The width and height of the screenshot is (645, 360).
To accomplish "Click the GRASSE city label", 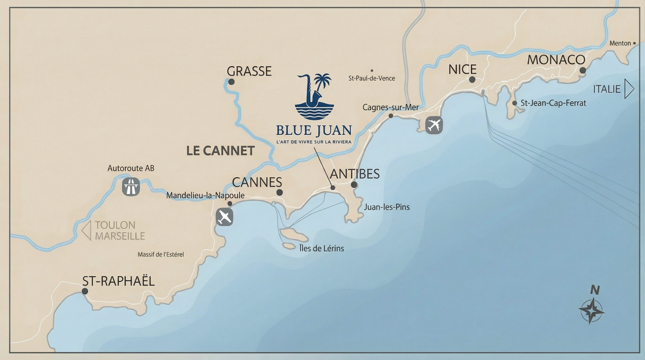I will pos(249,71).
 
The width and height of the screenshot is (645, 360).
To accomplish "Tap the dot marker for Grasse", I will pos(231,82).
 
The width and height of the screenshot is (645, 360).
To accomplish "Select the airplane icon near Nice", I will pos(434,125).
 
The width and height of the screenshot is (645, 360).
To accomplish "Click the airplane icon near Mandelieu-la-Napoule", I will pos(225,217).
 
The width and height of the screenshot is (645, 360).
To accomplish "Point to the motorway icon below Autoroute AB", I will pos(131,187).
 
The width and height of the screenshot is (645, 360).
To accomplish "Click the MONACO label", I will pos(556,60).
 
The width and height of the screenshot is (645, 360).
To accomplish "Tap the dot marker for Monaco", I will pos(583,70).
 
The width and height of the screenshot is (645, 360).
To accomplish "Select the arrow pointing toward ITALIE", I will pos(629,89).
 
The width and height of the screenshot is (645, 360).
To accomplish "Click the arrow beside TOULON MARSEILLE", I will pos(86,231).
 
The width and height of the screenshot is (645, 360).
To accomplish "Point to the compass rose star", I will pos(591,311).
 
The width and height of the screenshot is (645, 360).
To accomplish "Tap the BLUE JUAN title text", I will pos(314,130).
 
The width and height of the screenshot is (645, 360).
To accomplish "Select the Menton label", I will pos(620,43).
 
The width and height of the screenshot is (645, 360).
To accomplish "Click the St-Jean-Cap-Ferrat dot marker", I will pos(515,103).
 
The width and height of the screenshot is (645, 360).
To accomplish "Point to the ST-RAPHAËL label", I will pos(119,281).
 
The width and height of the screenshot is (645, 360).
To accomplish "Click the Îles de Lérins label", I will pos(322,248).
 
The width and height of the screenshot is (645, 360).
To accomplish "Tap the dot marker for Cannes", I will pos(279,193).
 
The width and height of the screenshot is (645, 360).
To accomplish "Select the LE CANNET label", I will pos(221,151).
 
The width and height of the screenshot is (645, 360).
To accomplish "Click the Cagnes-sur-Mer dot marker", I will pos(391,116).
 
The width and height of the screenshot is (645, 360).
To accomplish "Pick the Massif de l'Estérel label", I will pos(160,254).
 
